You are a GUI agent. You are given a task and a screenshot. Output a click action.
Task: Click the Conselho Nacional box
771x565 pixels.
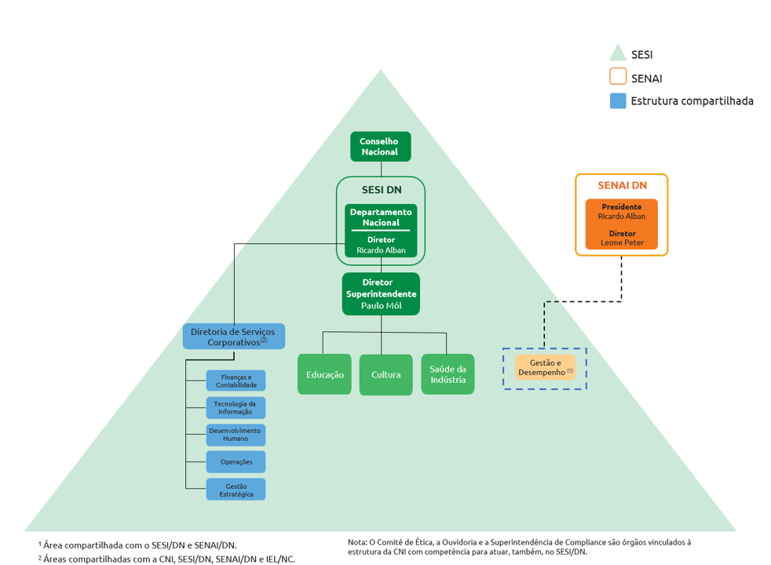pyautogui.click(x=381, y=147)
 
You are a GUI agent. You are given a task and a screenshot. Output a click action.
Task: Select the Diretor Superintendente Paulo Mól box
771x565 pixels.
pyautogui.click(x=381, y=293)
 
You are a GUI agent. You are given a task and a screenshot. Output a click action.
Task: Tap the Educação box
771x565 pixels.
pyautogui.click(x=324, y=374)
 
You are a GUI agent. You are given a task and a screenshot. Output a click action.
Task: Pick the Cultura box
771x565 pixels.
pyautogui.click(x=386, y=374)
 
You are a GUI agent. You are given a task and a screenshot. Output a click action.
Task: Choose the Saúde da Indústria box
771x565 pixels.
pyautogui.click(x=448, y=374)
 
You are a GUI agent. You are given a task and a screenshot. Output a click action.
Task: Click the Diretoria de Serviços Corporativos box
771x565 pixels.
pyautogui.click(x=233, y=337)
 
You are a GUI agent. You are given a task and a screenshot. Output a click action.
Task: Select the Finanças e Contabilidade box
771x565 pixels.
pyautogui.click(x=236, y=381)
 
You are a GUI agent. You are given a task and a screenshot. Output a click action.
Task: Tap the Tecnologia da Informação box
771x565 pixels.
pyautogui.click(x=236, y=408)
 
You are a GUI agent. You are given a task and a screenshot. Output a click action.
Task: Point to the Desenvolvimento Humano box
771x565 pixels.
pyautogui.click(x=236, y=435)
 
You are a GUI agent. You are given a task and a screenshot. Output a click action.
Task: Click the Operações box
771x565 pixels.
pyautogui.click(x=236, y=462)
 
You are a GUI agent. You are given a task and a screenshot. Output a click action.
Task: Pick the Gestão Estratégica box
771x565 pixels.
pyautogui.click(x=236, y=490)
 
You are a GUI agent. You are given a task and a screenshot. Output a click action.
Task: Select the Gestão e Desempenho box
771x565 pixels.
pyautogui.click(x=546, y=367)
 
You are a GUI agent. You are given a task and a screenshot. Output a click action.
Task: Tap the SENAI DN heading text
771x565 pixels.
pyautogui.click(x=622, y=185)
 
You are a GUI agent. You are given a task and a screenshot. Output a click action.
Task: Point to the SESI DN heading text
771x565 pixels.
pyautogui.click(x=382, y=190)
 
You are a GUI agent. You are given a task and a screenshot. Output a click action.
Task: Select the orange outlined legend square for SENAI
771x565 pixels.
pyautogui.click(x=618, y=77)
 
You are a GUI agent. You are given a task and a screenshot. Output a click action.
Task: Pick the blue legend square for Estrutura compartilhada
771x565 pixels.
pyautogui.click(x=618, y=100)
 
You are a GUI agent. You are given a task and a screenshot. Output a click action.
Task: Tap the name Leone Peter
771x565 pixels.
pyautogui.click(x=622, y=242)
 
